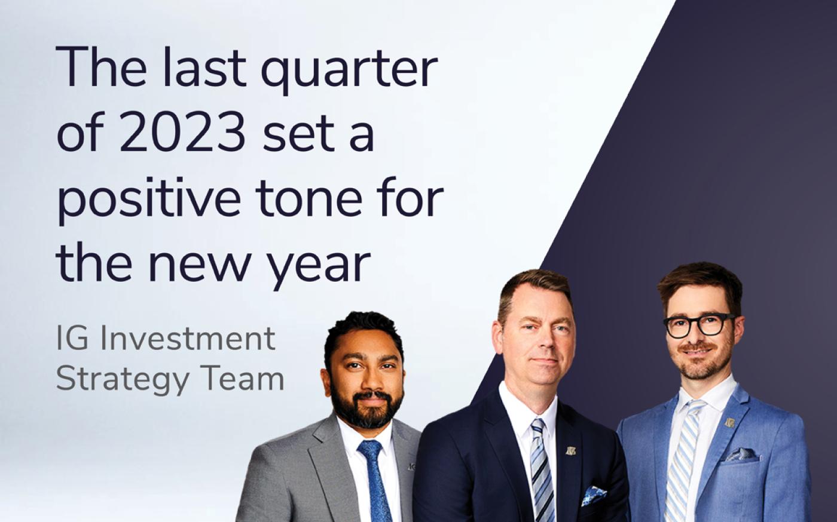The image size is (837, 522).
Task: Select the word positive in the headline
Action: pos(149,198)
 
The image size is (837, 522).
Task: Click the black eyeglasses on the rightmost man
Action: pos(699,326)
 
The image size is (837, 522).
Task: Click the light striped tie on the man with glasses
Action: pos(683,462)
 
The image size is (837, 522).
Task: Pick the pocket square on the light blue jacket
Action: pos(742,455)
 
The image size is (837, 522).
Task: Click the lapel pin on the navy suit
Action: pos(570,451)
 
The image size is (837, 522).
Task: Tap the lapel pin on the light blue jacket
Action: pos(730,422)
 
